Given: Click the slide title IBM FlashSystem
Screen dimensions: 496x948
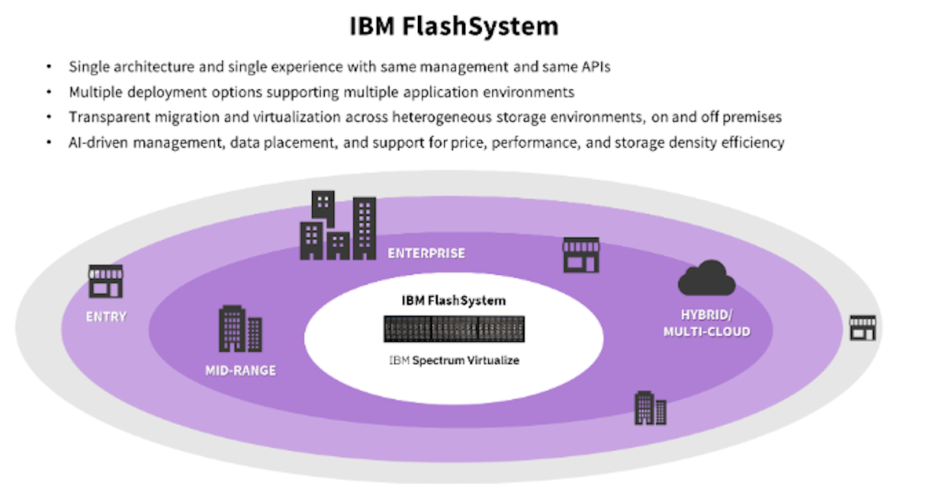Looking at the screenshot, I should pyautogui.click(x=454, y=26).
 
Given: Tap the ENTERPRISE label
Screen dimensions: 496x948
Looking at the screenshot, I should pyautogui.click(x=426, y=254).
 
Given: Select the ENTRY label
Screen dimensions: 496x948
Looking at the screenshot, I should pyautogui.click(x=106, y=317).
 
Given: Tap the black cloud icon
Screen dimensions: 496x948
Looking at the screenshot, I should pyautogui.click(x=706, y=279).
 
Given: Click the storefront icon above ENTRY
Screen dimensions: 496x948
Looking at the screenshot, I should pyautogui.click(x=105, y=281).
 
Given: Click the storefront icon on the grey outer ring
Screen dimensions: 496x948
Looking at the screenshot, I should pyautogui.click(x=862, y=327).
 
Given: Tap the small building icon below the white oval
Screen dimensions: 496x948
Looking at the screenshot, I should pyautogui.click(x=650, y=408).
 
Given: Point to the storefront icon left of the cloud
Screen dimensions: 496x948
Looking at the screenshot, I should pyautogui.click(x=580, y=254).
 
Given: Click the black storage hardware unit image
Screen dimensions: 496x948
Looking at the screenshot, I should pyautogui.click(x=454, y=329).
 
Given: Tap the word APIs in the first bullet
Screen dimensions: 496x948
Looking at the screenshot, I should pyautogui.click(x=593, y=67).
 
